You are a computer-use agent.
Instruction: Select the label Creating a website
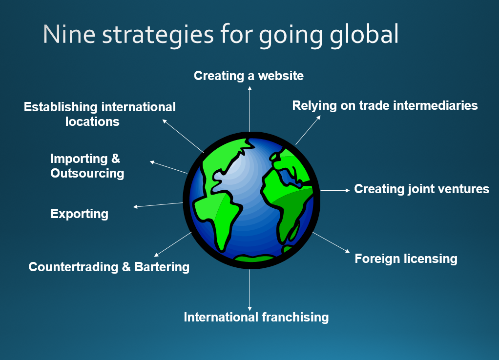pyautogui.click(x=249, y=76)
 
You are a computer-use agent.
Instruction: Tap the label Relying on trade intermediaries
pyautogui.click(x=385, y=105)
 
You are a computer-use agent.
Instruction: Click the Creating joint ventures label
pyautogui.click(x=421, y=189)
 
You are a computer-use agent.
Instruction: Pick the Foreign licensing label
pyautogui.click(x=406, y=259)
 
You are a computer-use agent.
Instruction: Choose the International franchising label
pyautogui.click(x=256, y=317)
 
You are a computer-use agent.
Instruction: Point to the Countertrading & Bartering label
pyautogui.click(x=109, y=267)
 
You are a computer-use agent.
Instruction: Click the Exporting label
pyautogui.click(x=80, y=214)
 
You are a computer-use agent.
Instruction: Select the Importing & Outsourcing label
pyautogui.click(x=87, y=166)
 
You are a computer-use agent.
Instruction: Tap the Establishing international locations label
pyautogui.click(x=100, y=114)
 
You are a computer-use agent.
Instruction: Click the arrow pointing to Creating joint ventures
pyautogui.click(x=335, y=190)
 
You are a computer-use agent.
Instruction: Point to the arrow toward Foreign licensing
pyautogui.click(x=331, y=242)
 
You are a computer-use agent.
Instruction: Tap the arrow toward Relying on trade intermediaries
pyautogui.click(x=308, y=130)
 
